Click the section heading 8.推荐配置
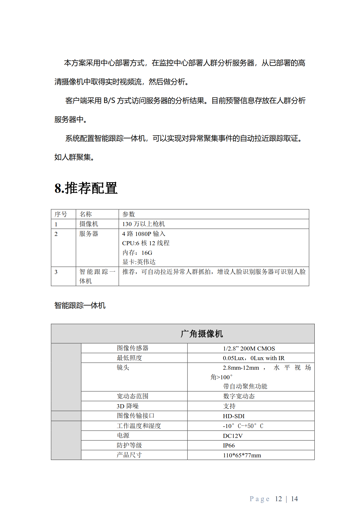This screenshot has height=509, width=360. (86, 188)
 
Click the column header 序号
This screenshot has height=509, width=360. (61, 214)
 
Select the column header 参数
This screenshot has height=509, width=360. (129, 214)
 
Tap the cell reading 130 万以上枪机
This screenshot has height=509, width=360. (143, 224)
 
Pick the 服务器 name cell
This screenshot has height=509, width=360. (89, 234)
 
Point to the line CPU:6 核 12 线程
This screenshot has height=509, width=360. (146, 243)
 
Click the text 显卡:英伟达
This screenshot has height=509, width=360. (139, 262)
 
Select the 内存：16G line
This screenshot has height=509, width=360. (137, 252)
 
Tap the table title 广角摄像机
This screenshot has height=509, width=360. (202, 334)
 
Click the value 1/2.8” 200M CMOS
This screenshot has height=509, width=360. (249, 348)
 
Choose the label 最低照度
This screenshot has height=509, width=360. (129, 358)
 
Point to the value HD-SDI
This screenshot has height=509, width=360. (234, 416)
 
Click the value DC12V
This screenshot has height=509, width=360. (233, 436)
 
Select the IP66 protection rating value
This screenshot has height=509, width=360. (229, 445)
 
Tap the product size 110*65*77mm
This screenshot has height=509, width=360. (242, 455)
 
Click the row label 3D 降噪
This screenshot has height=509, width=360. (128, 406)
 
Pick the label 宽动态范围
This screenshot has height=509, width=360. (132, 396)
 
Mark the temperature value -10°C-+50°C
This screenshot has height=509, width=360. (243, 426)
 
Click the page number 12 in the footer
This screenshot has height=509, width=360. (278, 499)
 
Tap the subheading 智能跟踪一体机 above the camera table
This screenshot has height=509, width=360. (80, 305)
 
